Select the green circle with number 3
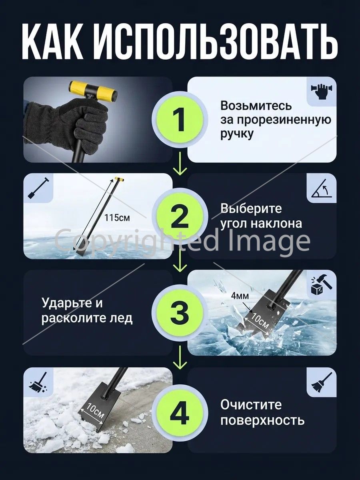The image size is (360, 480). pyautogui.click(x=180, y=313)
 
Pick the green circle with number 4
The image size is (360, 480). pyautogui.click(x=180, y=410)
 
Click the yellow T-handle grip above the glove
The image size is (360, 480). pyautogui.click(x=93, y=92)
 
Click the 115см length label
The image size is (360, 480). pyautogui.click(x=117, y=218)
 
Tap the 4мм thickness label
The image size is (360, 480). pyautogui.click(x=240, y=296)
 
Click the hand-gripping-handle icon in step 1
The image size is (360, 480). pyautogui.click(x=321, y=90)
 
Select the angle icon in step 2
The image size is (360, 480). pyautogui.click(x=322, y=188)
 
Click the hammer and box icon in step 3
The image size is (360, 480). pyautogui.click(x=321, y=284)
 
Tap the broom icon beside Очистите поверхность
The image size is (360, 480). pyautogui.click(x=322, y=382)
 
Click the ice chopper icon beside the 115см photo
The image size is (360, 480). pyautogui.click(x=38, y=188)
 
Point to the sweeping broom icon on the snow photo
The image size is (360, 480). pyautogui.click(x=38, y=382)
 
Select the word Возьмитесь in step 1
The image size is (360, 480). pyautogui.click(x=256, y=106)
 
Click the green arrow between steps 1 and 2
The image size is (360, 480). pyautogui.click(x=180, y=164)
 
